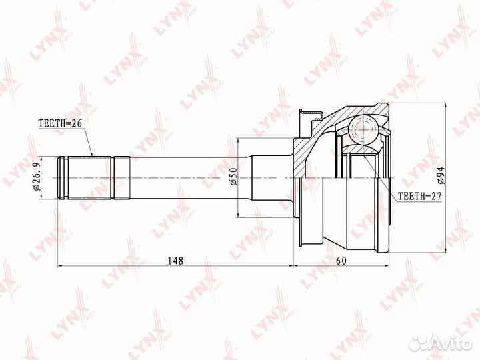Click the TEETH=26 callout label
point(60,123)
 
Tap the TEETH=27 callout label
point(419,196)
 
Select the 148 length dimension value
point(175,261)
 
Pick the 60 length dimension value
point(341,261)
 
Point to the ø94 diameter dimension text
point(441,176)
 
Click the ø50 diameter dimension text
point(233,177)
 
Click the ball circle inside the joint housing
point(364,130)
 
